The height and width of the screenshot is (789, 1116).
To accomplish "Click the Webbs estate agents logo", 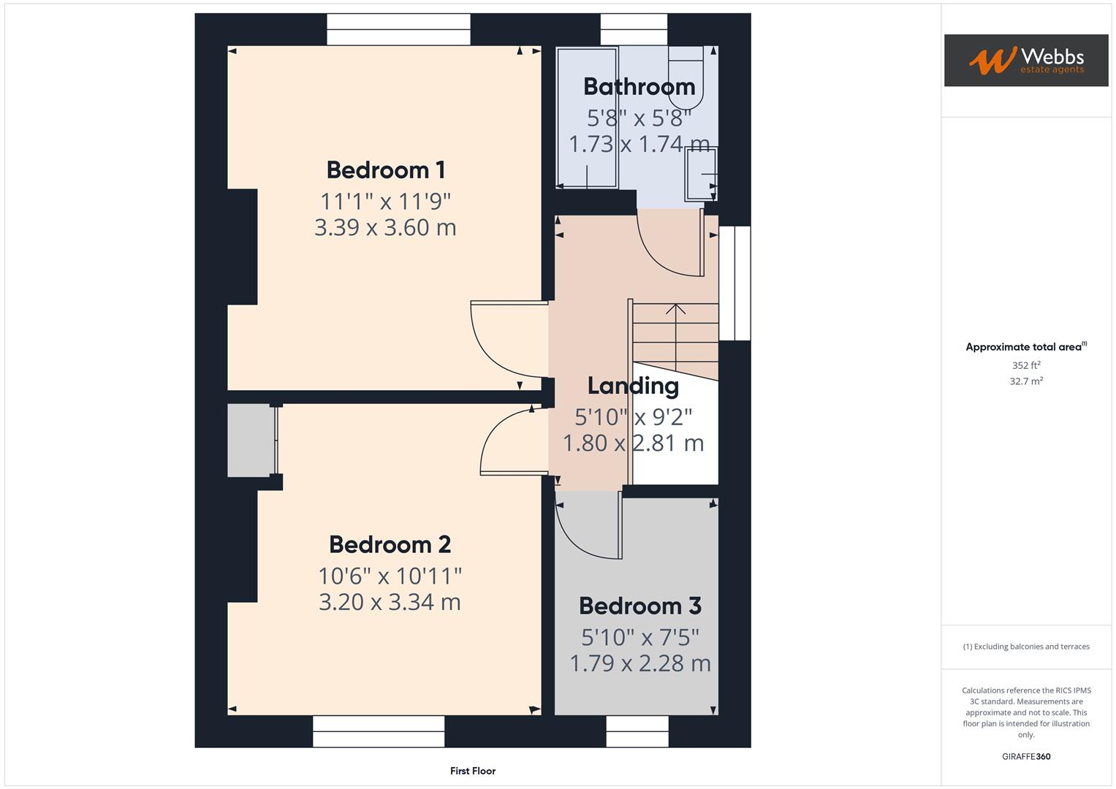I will click(1025, 61).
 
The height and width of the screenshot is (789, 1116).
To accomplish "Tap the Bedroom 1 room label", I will click(385, 170).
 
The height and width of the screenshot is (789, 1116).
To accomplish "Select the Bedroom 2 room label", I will click(390, 545).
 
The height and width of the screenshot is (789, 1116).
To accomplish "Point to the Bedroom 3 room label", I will click(639, 606).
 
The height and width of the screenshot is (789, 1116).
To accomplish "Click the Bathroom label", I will click(639, 87).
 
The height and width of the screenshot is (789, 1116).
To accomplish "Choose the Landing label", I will click(633, 386).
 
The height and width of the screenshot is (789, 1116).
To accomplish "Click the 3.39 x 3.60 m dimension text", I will click(385, 228).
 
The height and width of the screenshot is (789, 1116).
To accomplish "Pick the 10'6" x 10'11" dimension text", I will click(390, 576).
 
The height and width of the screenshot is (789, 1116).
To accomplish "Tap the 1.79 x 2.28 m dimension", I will click(639, 663).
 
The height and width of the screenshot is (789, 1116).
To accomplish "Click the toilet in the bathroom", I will click(686, 77).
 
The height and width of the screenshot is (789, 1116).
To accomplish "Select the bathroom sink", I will click(701, 174).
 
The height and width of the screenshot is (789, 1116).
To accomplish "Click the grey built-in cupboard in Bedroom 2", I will click(250, 441).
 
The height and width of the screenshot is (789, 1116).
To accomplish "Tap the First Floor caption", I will click(472, 771).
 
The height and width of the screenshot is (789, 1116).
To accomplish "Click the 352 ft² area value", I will click(1025, 365).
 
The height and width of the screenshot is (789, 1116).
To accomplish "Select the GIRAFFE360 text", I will click(1025, 757).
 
